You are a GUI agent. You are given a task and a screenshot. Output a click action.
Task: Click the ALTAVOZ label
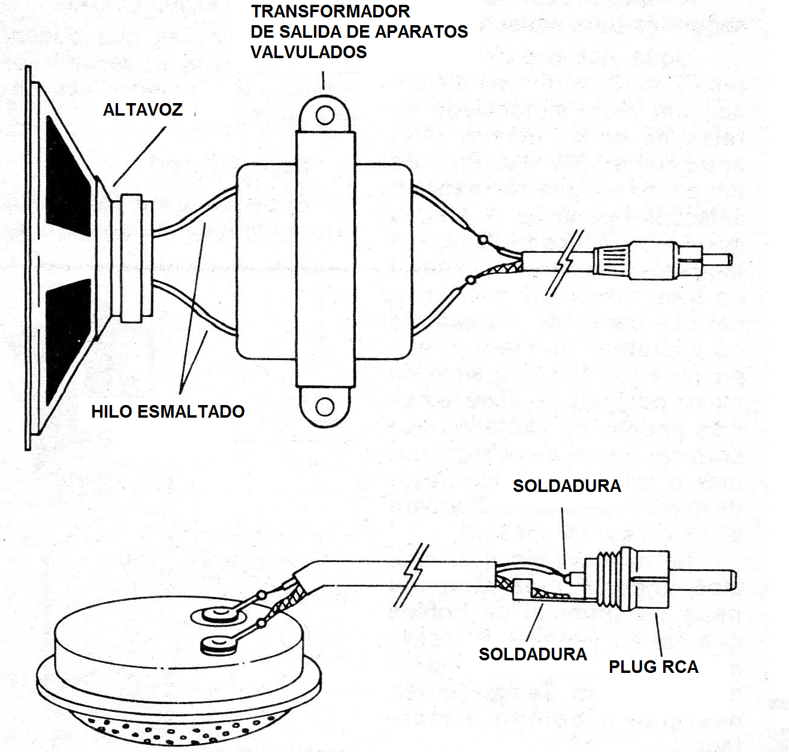pyautogui.click(x=143, y=110)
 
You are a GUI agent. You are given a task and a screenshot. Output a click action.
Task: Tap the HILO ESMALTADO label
pyautogui.click(x=168, y=412)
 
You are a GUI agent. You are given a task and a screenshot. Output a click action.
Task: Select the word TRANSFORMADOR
pyautogui.click(x=331, y=11)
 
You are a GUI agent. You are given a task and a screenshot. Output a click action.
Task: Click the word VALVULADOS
pyautogui.click(x=309, y=52)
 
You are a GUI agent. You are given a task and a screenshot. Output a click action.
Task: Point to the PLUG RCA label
pyautogui.click(x=654, y=667)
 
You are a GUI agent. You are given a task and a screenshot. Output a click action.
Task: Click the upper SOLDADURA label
pyautogui.click(x=567, y=486)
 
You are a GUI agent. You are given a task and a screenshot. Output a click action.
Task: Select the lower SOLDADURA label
pyautogui.click(x=533, y=654)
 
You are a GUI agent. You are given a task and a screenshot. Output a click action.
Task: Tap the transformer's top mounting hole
pyautogui.click(x=325, y=114)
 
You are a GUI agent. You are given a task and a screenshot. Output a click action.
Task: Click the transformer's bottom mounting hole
pyautogui.click(x=325, y=407)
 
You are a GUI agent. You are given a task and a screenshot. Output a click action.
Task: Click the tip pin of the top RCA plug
pyautogui.click(x=717, y=260)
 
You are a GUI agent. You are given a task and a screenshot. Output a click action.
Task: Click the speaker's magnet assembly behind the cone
pyautogui.click(x=133, y=259)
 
